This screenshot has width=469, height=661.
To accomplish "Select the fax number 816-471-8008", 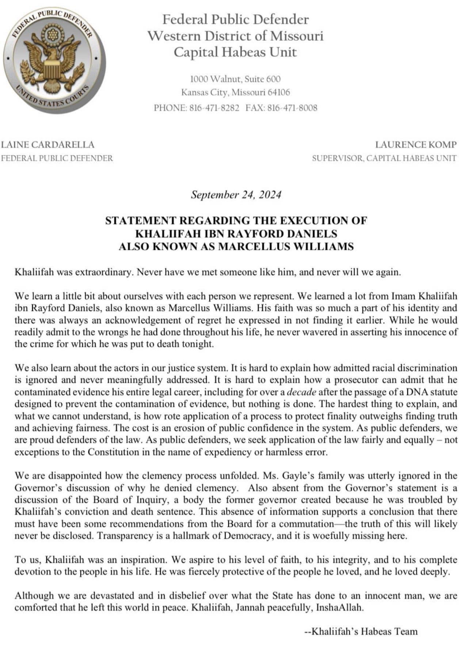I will (292, 108).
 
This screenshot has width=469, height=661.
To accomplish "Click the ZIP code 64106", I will (279, 92).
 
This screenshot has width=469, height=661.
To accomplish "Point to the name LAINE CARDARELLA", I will (47, 145).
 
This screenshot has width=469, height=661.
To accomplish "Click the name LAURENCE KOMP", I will (416, 145).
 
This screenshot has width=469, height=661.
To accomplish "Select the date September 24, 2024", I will (236, 195).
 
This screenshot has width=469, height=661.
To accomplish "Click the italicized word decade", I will (302, 392).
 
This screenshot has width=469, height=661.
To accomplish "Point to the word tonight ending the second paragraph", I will (197, 344).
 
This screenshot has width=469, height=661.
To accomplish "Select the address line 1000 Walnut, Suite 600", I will (236, 79).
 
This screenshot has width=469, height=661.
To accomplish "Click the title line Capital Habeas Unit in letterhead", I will (236, 52).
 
